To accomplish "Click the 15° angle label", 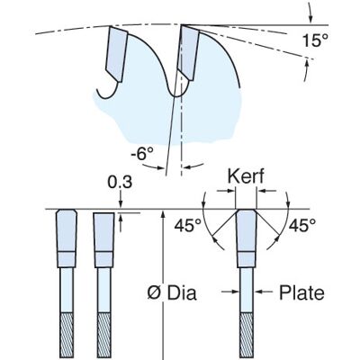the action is coord(315,40).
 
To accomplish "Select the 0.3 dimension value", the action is coord(120,182).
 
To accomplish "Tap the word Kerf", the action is coord(246,176).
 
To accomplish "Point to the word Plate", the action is coord(301,292).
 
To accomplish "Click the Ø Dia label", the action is coord(172,292).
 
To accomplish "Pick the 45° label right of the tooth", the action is coord(302,225).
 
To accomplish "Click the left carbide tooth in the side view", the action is coord(117,54).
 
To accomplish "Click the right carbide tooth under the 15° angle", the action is coord(188,52).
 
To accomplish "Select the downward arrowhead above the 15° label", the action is coord(311,19).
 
